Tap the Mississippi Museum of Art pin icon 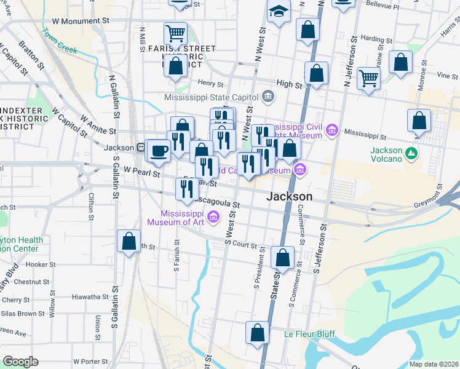[213, 216]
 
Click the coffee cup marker [159, 151]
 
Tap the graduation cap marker [279, 12]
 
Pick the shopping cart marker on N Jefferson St [368, 78]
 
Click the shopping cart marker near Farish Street [176, 34]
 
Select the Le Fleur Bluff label [309, 334]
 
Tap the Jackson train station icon [141, 148]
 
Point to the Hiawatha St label [90, 296]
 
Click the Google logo [20, 362]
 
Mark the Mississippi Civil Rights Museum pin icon [333, 130]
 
